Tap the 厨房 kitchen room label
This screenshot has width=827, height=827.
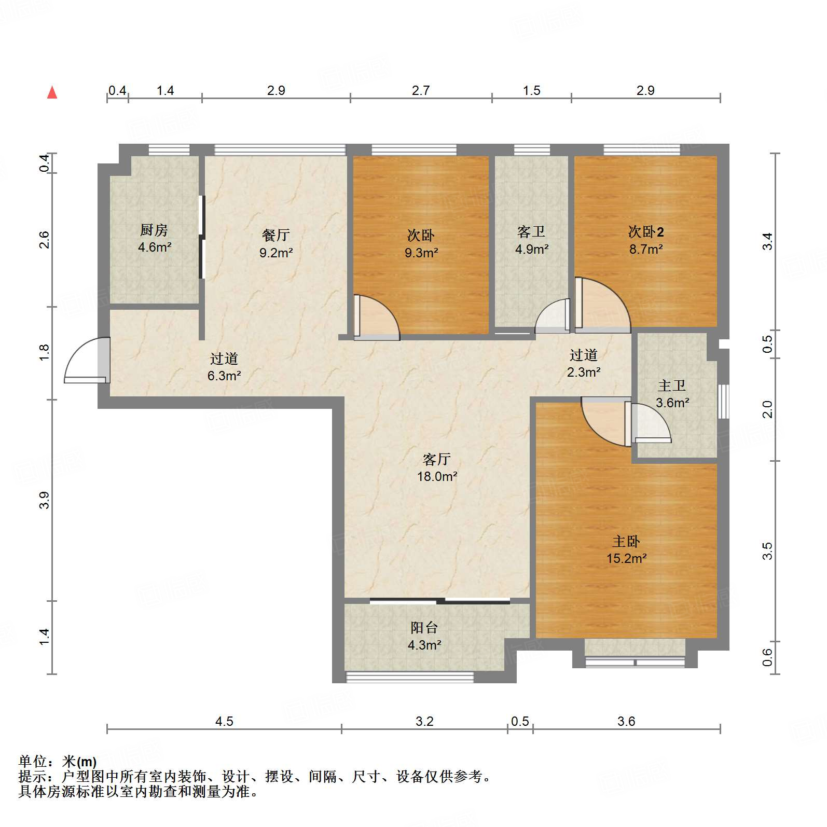click(154, 238)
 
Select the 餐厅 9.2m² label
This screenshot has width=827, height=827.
click(276, 243)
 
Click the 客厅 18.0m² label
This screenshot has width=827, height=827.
click(437, 467)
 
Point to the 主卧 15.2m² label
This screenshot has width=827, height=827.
click(626, 550)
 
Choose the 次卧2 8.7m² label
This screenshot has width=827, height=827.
click(646, 240)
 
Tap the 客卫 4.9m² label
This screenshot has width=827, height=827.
click(532, 240)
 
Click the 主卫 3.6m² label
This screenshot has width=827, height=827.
click(672, 394)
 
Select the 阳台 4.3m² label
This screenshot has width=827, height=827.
click(424, 636)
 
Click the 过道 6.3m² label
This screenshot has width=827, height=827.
click(224, 367)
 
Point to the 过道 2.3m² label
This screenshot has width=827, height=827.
click(584, 363)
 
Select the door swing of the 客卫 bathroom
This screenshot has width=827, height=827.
click(553, 318)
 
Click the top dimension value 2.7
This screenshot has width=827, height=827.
click(421, 91)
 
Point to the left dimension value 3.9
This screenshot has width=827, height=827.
click(45, 500)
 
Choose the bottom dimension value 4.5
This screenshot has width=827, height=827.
click(224, 721)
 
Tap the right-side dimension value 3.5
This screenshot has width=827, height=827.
click(768, 551)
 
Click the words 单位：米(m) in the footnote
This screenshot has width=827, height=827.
click(57, 762)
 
